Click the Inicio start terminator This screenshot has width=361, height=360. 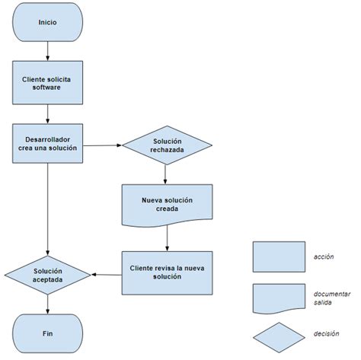(x=48, y=22)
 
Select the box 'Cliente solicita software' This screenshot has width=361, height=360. (x=48, y=82)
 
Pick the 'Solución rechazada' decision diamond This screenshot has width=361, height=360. (x=167, y=145)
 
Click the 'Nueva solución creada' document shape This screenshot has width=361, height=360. (x=167, y=204)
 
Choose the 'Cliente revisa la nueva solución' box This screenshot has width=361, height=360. (x=167, y=272)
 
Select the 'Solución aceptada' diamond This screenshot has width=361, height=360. (x=48, y=274)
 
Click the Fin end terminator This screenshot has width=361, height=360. (x=48, y=332)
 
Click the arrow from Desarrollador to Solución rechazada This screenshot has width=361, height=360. (x=103, y=145)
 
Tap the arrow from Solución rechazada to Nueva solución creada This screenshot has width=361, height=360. (x=167, y=174)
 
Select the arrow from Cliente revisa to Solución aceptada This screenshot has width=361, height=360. (x=107, y=273)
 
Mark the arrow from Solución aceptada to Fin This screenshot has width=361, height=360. (x=48, y=304)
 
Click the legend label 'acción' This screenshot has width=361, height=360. (x=324, y=256)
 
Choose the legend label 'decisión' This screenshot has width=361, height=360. (x=325, y=333)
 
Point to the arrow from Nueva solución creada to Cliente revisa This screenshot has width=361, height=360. (x=167, y=238)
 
